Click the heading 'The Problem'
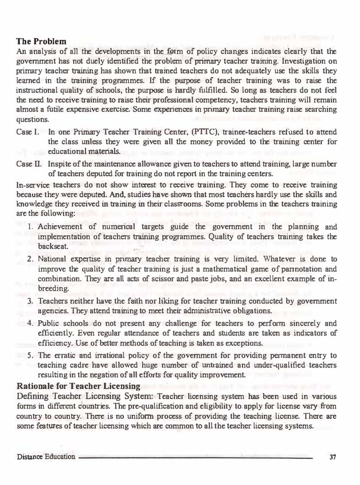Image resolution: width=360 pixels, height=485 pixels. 41,42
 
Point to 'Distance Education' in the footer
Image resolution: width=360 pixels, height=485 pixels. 46,456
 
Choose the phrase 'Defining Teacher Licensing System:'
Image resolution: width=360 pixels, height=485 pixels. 85,397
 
